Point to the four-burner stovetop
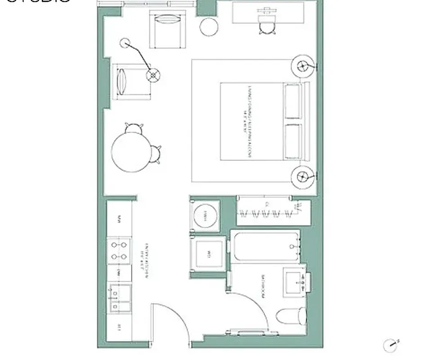(119, 251)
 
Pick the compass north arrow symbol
(391, 346)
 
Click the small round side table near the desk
(209, 27)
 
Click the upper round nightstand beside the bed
(303, 67)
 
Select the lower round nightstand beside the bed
(303, 176)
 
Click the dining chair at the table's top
(134, 129)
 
